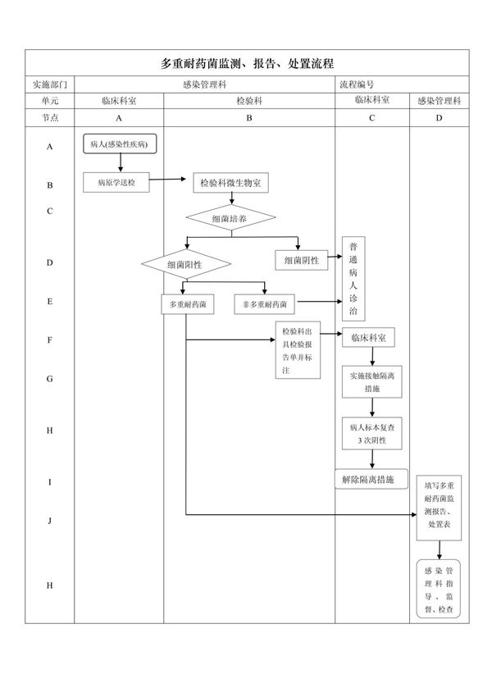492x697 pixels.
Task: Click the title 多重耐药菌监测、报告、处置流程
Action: pos(247,63)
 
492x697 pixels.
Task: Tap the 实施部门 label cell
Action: pos(49,84)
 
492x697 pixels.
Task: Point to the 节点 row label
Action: pos(49,118)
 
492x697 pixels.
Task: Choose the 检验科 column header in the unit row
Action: pos(249,101)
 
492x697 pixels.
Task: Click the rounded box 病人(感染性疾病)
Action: pos(119,145)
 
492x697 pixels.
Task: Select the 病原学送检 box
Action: pos(116,182)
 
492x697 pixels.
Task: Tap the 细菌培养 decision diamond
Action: pos(230,219)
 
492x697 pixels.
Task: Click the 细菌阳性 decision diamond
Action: pos(186,265)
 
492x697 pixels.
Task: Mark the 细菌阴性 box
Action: pos(301,261)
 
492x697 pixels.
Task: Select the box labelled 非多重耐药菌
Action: pos(265,304)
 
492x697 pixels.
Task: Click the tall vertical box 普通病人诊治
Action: pos(353,280)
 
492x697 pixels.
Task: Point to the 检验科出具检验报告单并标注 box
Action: pos(297,351)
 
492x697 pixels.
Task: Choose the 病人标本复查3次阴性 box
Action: pos(371,434)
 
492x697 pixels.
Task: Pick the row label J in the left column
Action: pos(49,520)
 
